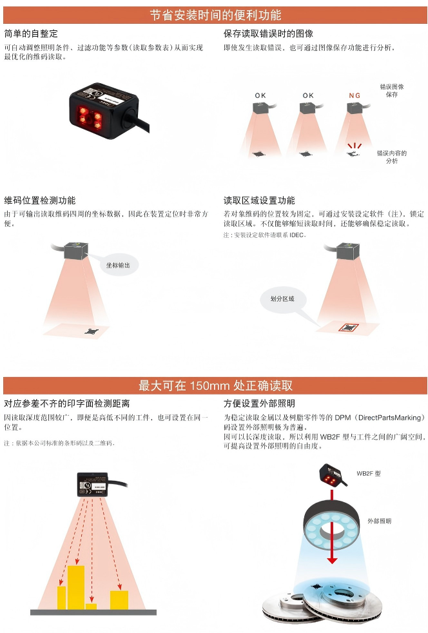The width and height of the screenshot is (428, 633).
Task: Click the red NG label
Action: point(355,95)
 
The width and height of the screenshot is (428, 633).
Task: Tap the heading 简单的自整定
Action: point(31,34)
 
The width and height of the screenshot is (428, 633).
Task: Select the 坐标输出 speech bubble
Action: point(118,265)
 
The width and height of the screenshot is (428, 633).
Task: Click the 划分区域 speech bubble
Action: point(282,299)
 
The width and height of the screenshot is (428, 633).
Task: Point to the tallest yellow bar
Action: point(76,587)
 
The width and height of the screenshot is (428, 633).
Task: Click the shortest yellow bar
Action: point(92,607)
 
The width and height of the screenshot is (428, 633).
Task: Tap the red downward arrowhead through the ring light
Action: point(332,560)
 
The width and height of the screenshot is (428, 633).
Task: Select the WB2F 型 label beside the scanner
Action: point(368,474)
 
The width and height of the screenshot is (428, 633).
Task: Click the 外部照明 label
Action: point(379,521)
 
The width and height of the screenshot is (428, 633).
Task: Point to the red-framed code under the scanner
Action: point(348,327)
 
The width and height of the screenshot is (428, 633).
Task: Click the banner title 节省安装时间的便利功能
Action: point(216,15)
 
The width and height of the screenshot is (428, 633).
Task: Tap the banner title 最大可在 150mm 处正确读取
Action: point(216,385)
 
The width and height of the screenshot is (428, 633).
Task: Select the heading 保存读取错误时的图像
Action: point(269,34)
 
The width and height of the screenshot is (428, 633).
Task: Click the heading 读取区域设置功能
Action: point(259,200)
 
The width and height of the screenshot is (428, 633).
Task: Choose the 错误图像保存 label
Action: point(392,90)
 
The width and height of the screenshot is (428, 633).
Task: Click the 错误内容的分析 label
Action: point(392,157)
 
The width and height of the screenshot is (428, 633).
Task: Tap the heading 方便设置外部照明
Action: point(259,404)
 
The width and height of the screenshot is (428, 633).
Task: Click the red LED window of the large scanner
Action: point(90,117)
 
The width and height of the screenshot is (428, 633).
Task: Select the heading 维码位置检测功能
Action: point(40,200)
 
